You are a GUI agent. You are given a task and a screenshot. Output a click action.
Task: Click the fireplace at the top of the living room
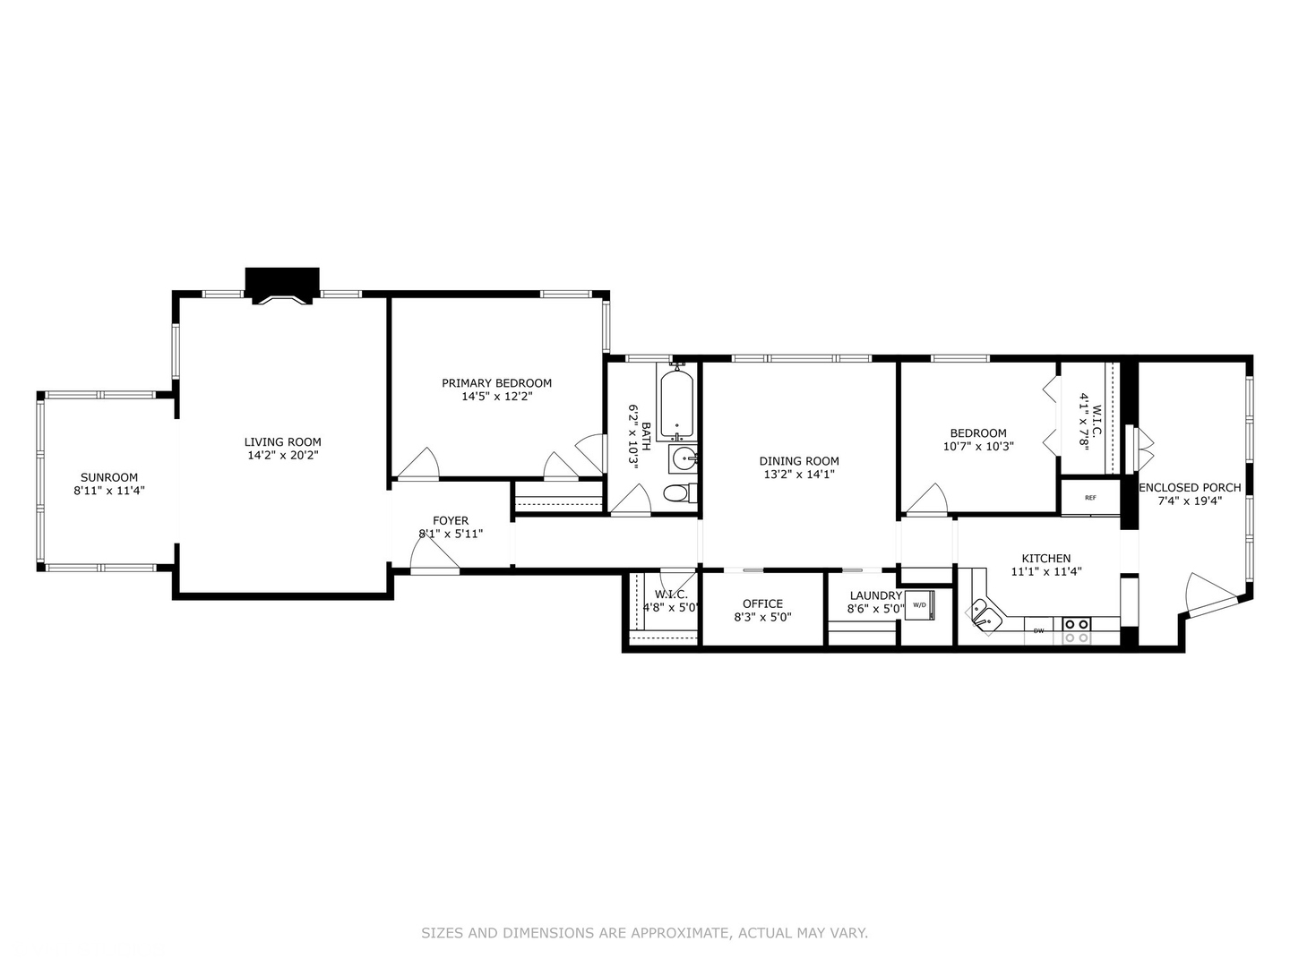click(282, 286)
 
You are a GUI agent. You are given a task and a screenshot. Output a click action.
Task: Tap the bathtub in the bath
click(677, 405)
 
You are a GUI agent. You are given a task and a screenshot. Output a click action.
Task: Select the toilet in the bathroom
click(677, 492)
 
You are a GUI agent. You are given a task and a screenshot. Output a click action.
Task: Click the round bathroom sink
click(684, 458)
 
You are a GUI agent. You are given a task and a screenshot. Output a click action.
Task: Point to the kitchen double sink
click(983, 616)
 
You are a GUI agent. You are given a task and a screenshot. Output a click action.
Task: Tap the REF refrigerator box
click(1090, 498)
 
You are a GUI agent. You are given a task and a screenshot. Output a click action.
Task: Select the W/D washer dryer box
click(920, 605)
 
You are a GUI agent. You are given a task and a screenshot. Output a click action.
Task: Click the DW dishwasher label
click(1039, 631)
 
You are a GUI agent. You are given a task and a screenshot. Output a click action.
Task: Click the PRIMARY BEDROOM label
click(496, 383)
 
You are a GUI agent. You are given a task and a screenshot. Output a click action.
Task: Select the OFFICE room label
click(762, 603)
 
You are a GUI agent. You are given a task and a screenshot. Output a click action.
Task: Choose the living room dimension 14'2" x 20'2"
click(282, 455)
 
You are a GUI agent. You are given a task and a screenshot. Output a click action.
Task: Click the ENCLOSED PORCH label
click(1190, 487)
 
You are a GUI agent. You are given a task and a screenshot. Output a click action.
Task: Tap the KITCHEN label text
click(1046, 558)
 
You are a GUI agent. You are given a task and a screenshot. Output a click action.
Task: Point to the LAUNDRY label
click(875, 595)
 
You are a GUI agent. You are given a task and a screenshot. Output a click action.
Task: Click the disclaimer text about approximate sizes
click(644, 933)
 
